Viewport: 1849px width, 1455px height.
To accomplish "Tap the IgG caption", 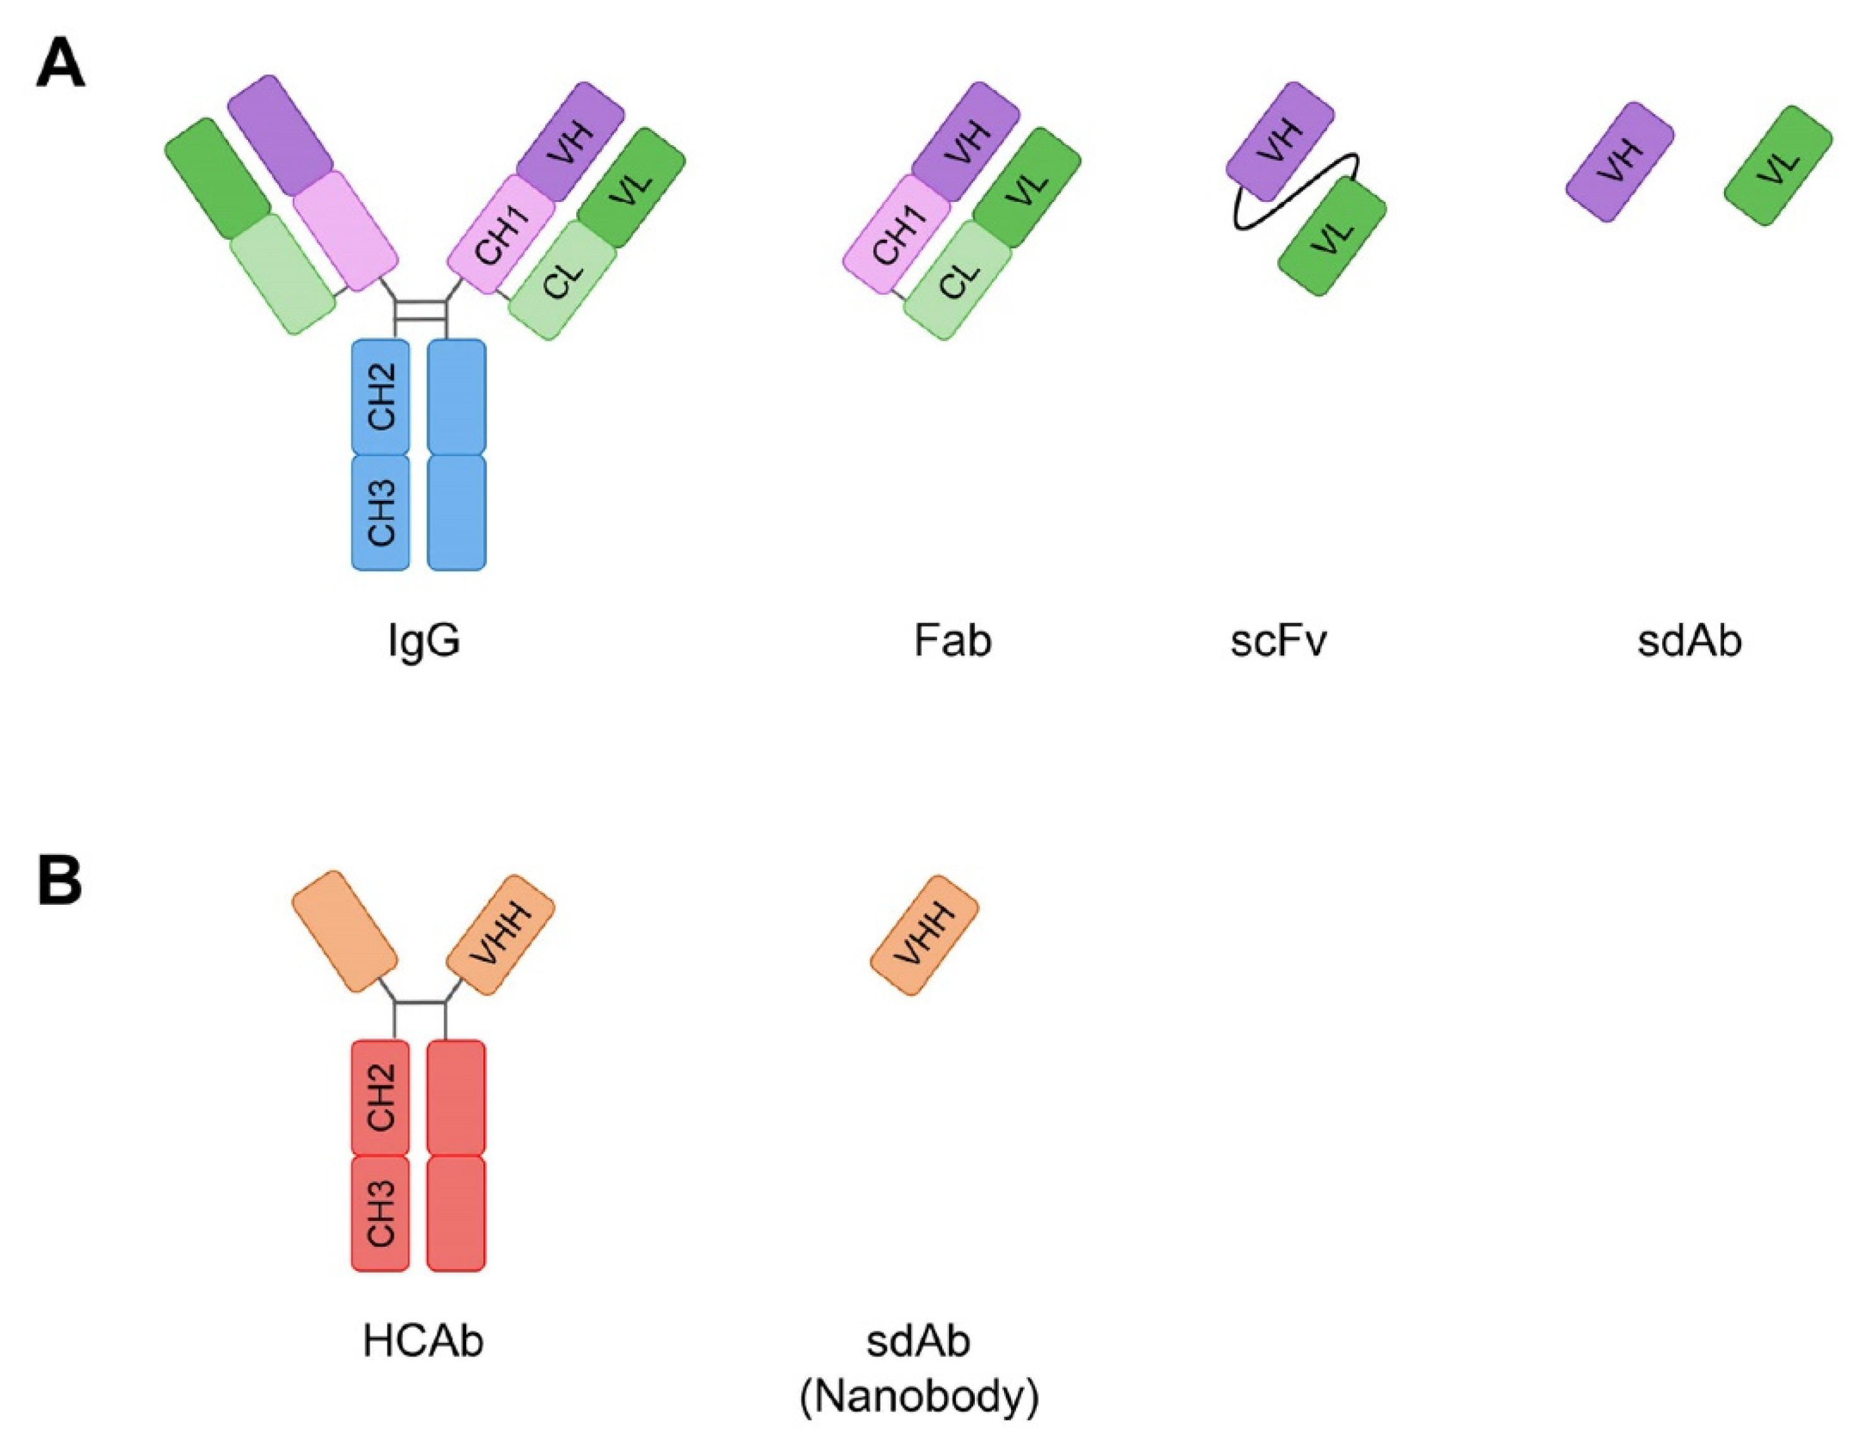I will pyautogui.click(x=423, y=640).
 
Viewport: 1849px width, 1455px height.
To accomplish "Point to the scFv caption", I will pyautogui.click(x=1278, y=640).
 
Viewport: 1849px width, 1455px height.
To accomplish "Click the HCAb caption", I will pyautogui.click(x=423, y=1340).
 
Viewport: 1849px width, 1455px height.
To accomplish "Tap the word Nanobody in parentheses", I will pyautogui.click(x=919, y=1397).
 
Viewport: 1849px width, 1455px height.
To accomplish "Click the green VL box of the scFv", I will pyautogui.click(x=1332, y=237).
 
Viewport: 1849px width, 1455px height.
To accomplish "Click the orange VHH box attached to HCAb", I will pyautogui.click(x=501, y=934).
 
